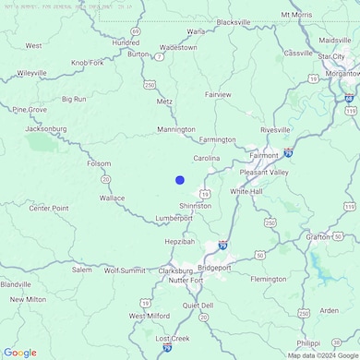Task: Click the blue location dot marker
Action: [x=180, y=180]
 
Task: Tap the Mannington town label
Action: [x=176, y=130]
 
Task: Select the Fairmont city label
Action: [x=263, y=156]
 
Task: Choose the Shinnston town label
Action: [x=196, y=206]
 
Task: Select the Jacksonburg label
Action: [x=46, y=129]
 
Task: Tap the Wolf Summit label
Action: [x=125, y=270]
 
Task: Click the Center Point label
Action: [x=49, y=209]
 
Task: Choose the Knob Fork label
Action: [x=88, y=63]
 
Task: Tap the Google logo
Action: [x=19, y=353]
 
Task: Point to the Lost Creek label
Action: [x=173, y=339]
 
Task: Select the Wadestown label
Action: [x=178, y=46]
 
